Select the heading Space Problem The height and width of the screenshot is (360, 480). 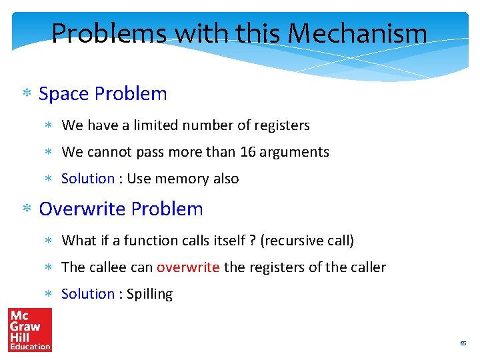pyautogui.click(x=103, y=94)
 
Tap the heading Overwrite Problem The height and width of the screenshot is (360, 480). pyautogui.click(x=121, y=209)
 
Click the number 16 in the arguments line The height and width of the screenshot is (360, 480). pyautogui.click(x=247, y=152)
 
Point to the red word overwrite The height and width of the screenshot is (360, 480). pyautogui.click(x=188, y=267)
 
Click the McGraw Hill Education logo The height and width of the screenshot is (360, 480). pyautogui.click(x=29, y=329)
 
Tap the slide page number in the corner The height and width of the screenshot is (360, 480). pyautogui.click(x=463, y=343)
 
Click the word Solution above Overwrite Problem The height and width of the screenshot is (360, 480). pyautogui.click(x=88, y=179)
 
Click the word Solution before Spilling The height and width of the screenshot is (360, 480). pyautogui.click(x=88, y=294)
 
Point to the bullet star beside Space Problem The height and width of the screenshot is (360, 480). pyautogui.click(x=27, y=95)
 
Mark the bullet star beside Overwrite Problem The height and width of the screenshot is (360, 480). pyautogui.click(x=27, y=210)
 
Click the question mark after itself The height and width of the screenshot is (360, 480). pyautogui.click(x=251, y=241)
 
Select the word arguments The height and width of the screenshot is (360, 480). pyautogui.click(x=294, y=152)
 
